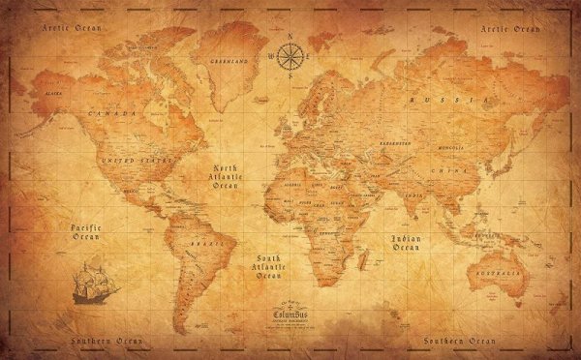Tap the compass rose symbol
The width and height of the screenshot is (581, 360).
click(290, 56)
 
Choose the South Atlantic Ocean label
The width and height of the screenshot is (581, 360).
click(267, 265)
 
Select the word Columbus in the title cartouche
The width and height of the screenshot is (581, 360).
click(290, 315)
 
